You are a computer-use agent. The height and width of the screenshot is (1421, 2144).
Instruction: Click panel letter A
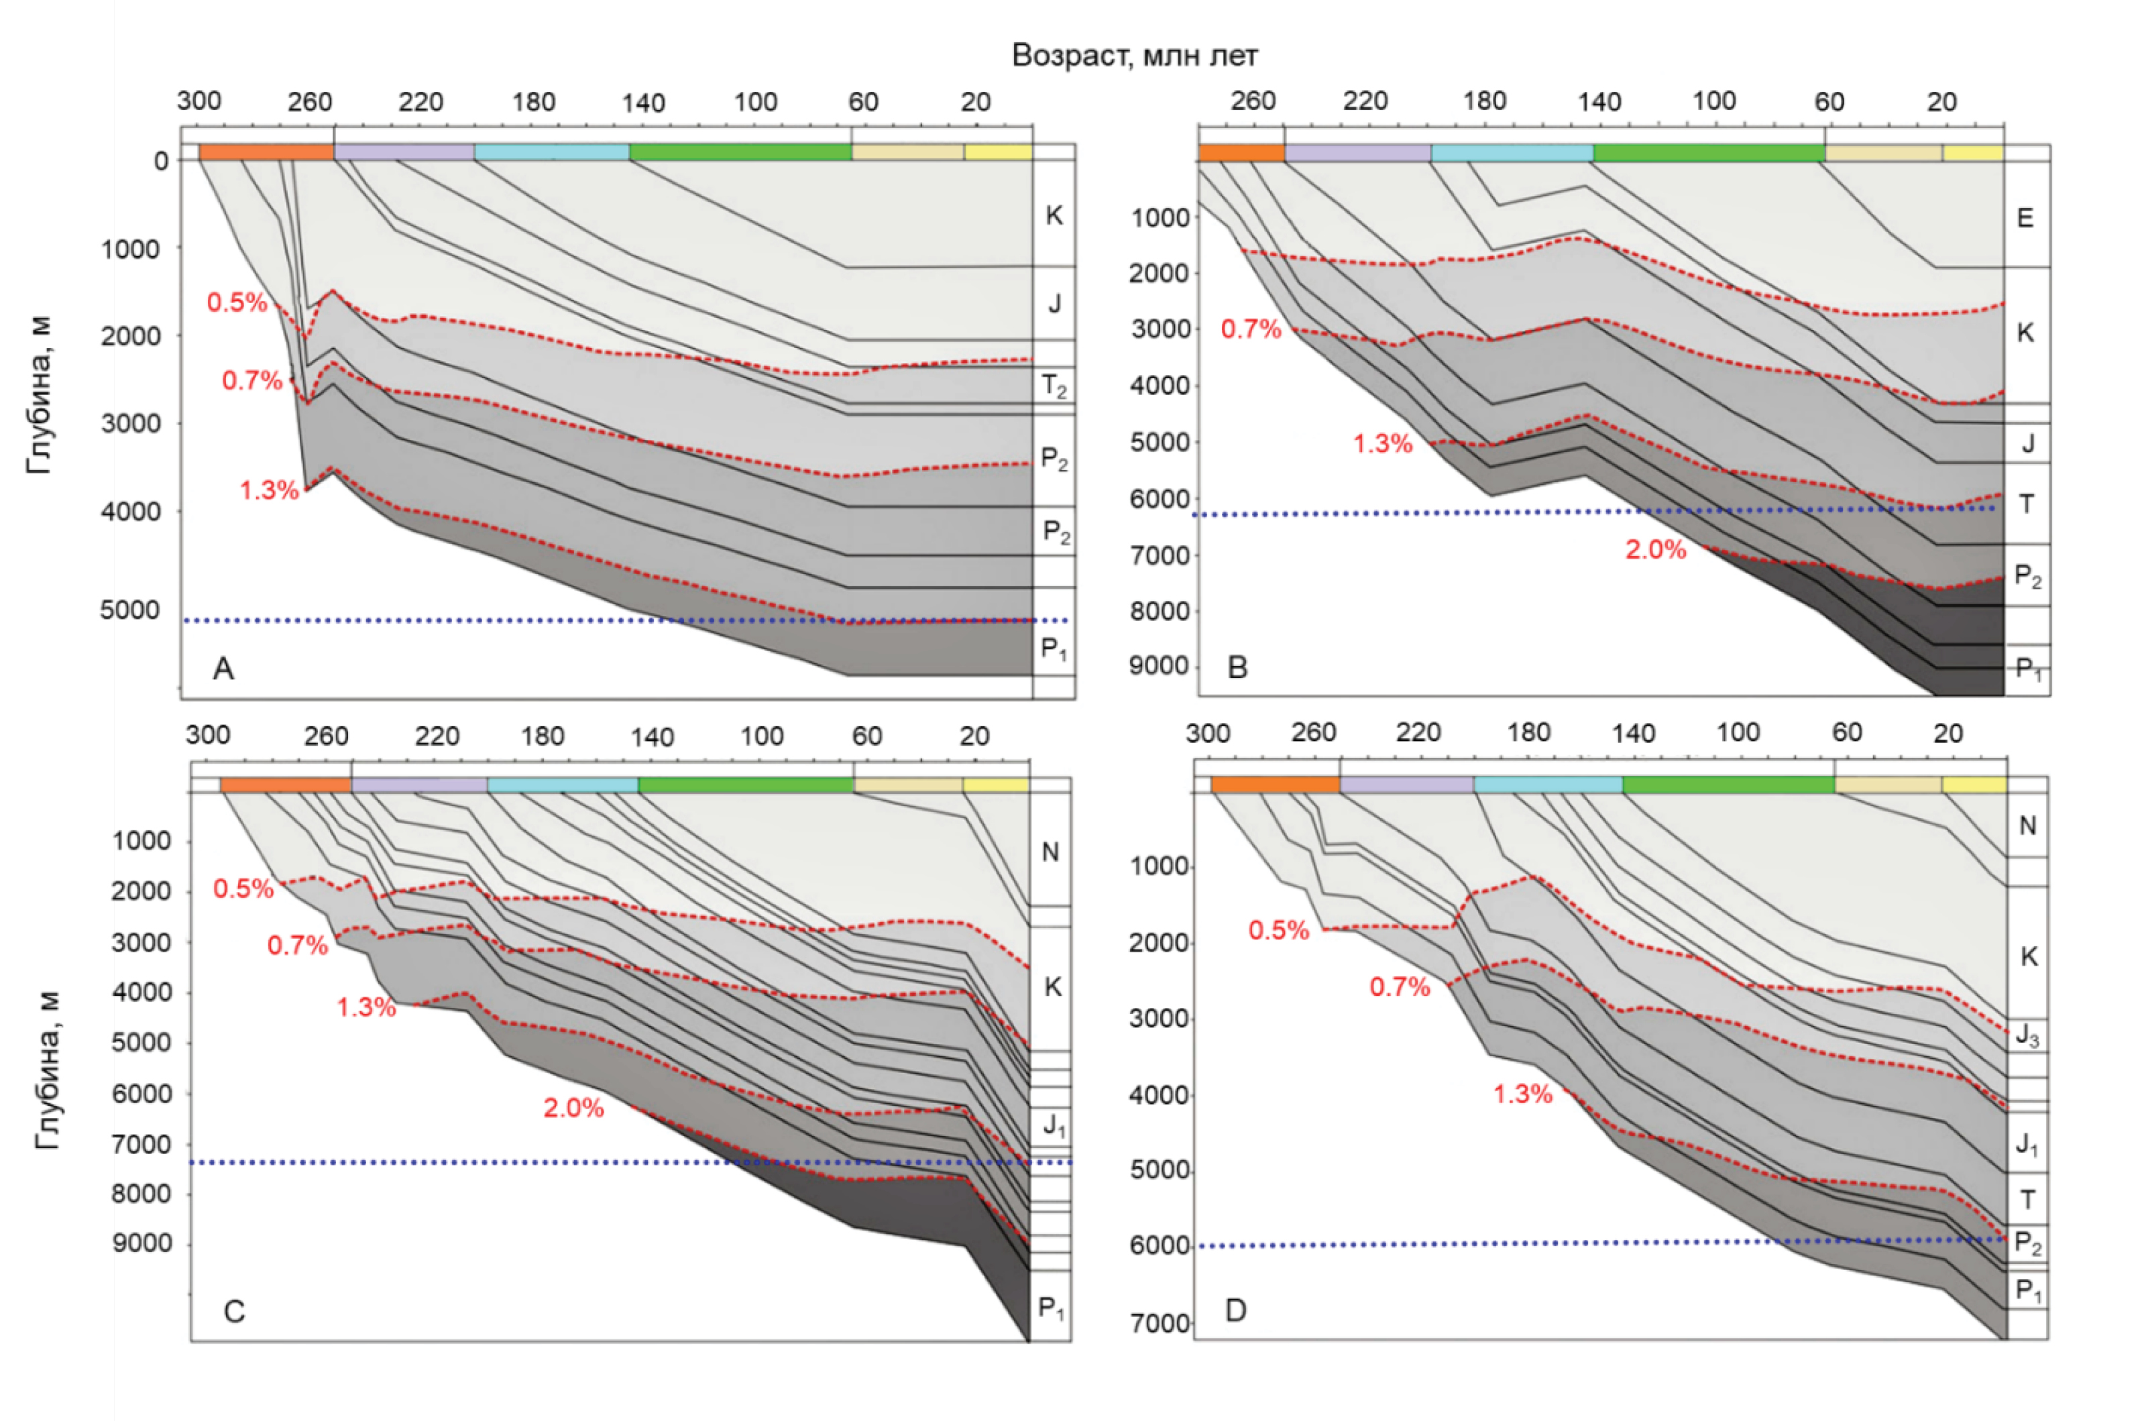pos(223,669)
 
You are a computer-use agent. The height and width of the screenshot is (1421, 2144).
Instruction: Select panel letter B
pos(1237,667)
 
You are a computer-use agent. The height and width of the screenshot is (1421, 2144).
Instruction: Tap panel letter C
pos(234,1311)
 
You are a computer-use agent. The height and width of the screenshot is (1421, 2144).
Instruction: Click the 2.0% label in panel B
pos(1656,550)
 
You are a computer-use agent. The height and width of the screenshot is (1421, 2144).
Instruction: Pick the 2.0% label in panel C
pos(573,1107)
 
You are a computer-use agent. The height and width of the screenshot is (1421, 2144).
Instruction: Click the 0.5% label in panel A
pos(237,302)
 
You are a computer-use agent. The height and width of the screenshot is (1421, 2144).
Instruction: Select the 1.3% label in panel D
pos(1522,1094)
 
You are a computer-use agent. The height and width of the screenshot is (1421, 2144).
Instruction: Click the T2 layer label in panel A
pos(1054,387)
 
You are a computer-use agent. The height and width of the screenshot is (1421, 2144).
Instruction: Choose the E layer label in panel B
pos(2025,217)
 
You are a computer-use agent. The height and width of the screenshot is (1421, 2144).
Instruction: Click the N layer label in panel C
pos(1050,852)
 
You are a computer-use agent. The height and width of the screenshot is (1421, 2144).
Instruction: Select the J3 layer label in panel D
pos(2027,1035)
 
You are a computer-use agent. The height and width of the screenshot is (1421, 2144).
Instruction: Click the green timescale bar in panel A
pos(740,152)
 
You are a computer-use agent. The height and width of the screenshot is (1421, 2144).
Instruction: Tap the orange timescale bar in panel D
pos(1275,784)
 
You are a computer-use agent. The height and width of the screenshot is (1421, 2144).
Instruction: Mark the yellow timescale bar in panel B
pos(1972,152)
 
